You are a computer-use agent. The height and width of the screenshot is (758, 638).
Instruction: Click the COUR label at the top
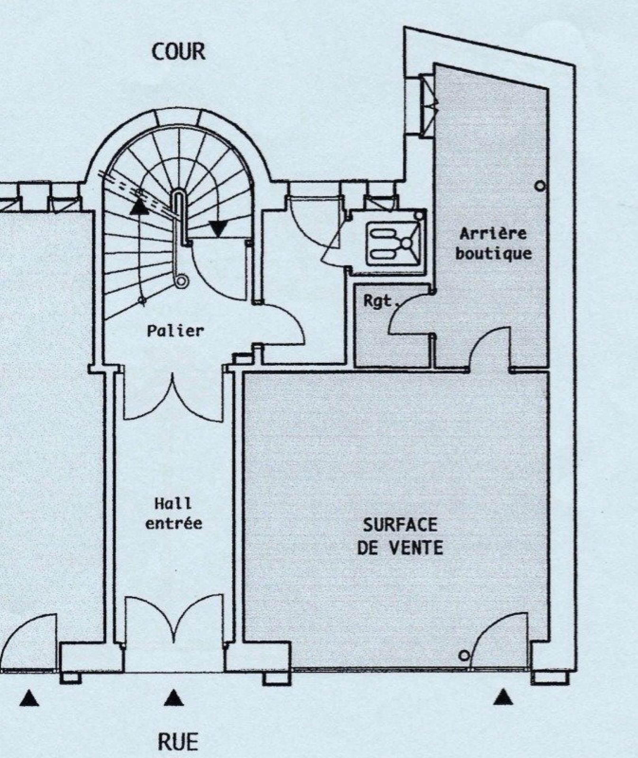pyautogui.click(x=179, y=52)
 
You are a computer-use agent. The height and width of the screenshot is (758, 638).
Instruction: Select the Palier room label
pyautogui.click(x=175, y=331)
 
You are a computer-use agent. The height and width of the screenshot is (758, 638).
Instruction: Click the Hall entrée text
pyautogui.click(x=174, y=514)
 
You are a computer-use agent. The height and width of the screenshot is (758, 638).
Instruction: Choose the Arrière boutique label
pyautogui.click(x=493, y=244)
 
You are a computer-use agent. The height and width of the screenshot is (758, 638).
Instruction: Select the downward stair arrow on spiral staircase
pyautogui.click(x=218, y=228)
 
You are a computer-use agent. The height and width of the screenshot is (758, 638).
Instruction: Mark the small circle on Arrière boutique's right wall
pyautogui.click(x=540, y=186)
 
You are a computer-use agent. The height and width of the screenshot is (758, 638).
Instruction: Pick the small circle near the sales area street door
pyautogui.click(x=464, y=656)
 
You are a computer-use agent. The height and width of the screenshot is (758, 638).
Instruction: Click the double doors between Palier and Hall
pyautogui.click(x=173, y=397)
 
